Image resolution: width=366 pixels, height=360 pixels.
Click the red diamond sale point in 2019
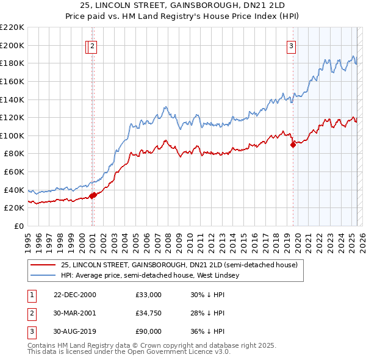[293, 145]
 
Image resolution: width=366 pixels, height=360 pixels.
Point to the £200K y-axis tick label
[12, 45]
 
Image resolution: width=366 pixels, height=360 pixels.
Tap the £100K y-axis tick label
[12, 135]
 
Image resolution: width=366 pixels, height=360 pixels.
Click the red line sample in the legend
[42, 265]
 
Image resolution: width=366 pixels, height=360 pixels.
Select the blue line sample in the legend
[42, 275]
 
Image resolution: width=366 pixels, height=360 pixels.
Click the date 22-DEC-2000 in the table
[74, 295]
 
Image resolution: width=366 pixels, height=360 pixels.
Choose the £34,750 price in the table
[149, 313]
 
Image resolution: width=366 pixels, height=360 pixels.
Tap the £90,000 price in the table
[149, 331]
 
